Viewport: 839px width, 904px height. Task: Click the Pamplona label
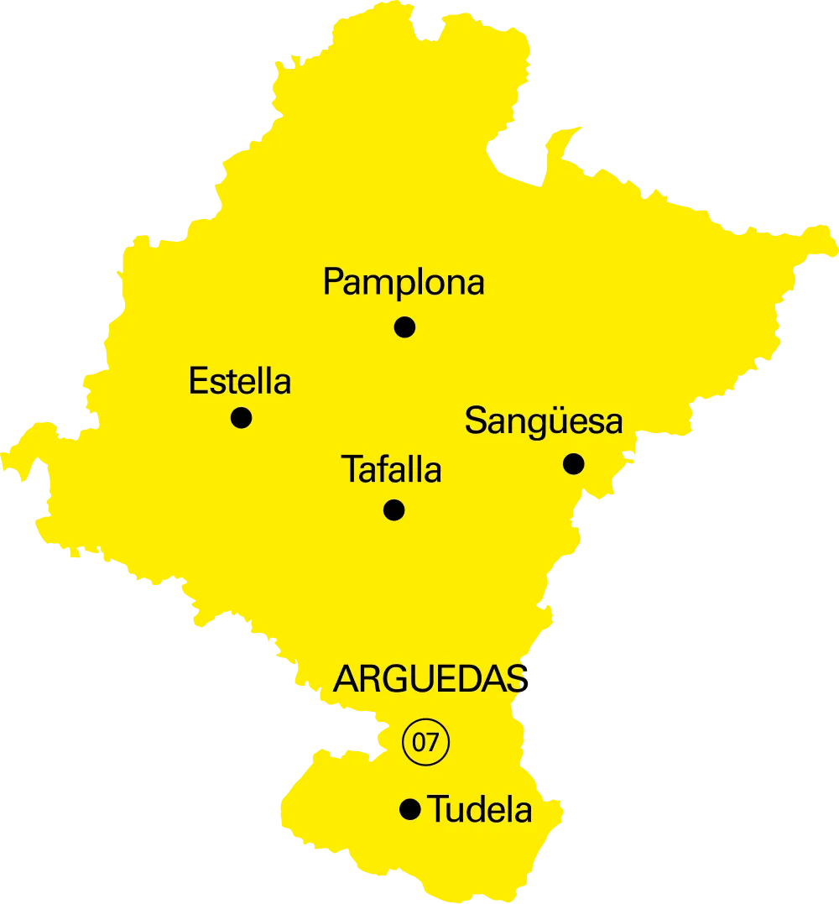pos(404,283)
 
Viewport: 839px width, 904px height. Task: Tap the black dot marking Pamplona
pos(404,327)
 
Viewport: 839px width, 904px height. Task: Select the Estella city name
pos(240,382)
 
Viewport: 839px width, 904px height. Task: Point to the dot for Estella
pos(241,417)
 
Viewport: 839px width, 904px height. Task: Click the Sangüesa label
pos(544,421)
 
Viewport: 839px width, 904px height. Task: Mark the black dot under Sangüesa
pos(573,463)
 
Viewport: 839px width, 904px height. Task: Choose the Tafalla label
pos(391,470)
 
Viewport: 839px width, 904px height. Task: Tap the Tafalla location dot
pos(393,509)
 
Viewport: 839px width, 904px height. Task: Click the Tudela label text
pos(480,810)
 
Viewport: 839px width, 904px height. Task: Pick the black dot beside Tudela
pos(409,809)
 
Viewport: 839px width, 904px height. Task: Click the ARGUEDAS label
pos(430,679)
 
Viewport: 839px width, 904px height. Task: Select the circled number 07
pos(426,742)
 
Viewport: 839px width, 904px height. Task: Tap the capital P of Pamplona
pos(333,283)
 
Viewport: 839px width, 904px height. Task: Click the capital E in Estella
pos(196,382)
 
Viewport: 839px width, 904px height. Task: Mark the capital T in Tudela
pos(436,810)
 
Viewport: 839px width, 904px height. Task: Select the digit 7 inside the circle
pos(433,742)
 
